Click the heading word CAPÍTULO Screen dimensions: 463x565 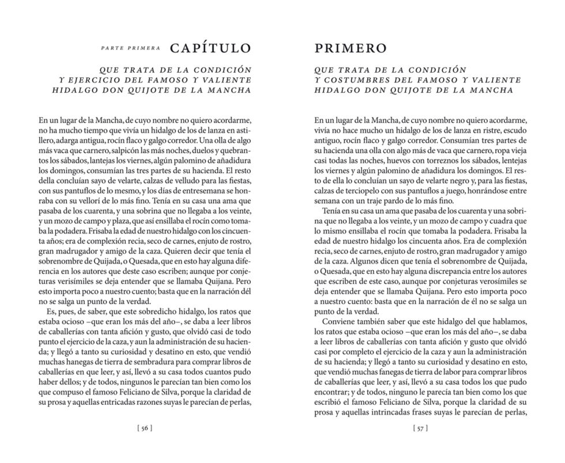tap(210, 47)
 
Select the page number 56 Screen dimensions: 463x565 tap(144, 428)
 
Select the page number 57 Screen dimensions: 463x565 tap(420, 428)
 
